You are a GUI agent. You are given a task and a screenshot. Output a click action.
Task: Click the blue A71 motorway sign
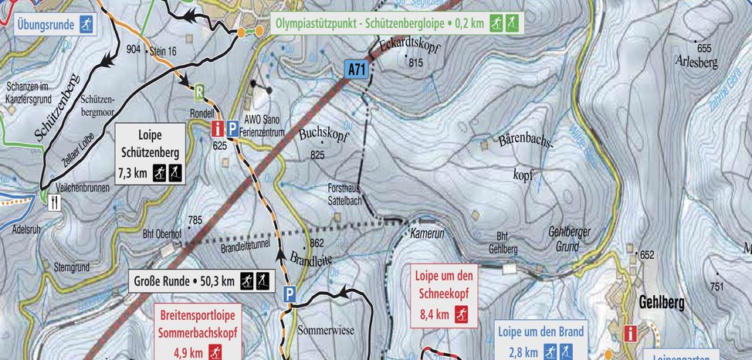point(356,70)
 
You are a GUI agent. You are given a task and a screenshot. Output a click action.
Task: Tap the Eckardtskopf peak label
point(405,48)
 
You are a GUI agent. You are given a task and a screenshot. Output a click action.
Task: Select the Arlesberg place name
point(696,61)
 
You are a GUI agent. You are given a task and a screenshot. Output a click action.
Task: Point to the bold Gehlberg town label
point(661,303)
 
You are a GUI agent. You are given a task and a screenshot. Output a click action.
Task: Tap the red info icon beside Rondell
point(218,128)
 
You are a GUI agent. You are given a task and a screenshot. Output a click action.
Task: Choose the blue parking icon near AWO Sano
point(232,128)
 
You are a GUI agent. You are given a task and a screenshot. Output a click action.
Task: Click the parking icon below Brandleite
point(290,294)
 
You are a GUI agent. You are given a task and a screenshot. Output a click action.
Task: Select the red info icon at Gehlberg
point(631,333)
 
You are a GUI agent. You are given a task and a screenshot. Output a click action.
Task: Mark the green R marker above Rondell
point(199,93)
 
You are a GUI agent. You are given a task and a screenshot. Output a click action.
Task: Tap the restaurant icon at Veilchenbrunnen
point(54,202)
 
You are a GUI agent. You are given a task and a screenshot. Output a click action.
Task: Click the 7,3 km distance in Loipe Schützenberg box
point(133,173)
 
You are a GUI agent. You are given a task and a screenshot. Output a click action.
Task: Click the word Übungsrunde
point(46,25)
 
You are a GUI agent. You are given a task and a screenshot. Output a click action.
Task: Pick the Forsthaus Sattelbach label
point(347,193)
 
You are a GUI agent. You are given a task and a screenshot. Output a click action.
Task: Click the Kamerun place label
point(427,233)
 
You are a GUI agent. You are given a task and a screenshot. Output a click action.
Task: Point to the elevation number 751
point(716,286)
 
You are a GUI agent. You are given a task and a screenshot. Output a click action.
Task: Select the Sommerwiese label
point(326,331)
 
